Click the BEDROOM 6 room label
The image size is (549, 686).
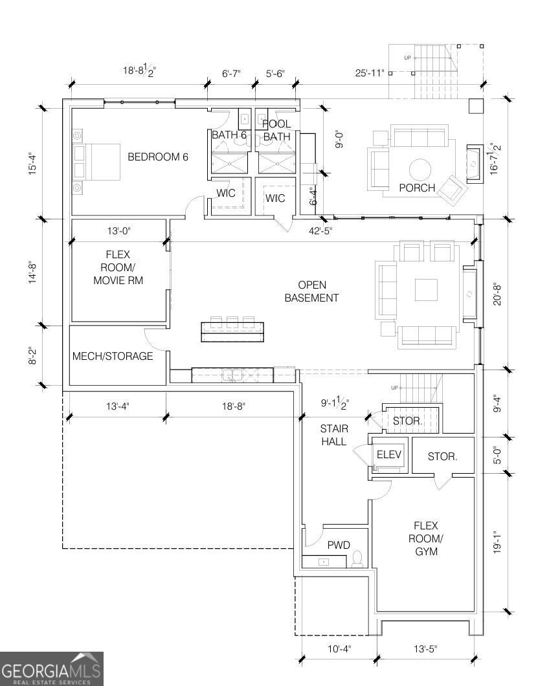(157, 157)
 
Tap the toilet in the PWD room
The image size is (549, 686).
(357, 559)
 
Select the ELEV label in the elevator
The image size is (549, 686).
(388, 454)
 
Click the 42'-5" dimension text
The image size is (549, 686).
(320, 230)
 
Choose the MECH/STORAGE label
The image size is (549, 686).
(113, 356)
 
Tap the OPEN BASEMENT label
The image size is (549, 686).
(311, 291)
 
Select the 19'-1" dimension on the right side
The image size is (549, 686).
(497, 542)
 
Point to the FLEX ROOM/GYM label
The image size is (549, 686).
(426, 538)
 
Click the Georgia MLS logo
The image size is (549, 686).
(52, 669)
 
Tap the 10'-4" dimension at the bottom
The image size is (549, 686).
(339, 648)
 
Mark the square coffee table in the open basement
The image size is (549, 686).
(426, 290)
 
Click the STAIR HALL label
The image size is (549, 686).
(334, 435)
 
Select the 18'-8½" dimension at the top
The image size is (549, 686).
(140, 70)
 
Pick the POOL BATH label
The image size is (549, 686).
(276, 130)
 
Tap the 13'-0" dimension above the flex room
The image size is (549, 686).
(119, 230)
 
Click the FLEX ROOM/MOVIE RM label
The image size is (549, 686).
(118, 267)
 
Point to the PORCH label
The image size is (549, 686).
(417, 188)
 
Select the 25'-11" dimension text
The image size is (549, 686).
(370, 72)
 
